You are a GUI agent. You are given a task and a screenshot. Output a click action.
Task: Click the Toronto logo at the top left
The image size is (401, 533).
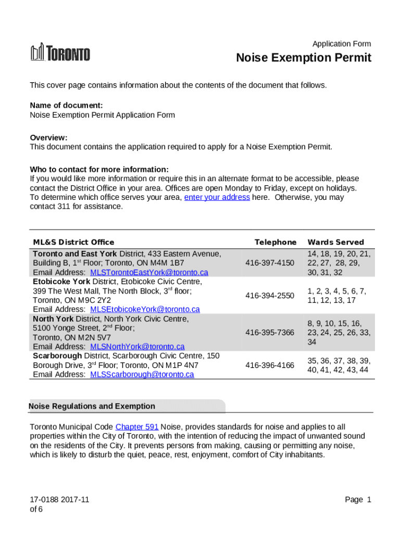click(60, 53)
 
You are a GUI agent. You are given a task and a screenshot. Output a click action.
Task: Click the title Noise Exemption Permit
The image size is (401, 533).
click(304, 58)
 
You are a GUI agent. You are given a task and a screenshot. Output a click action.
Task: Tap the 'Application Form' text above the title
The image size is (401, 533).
click(341, 44)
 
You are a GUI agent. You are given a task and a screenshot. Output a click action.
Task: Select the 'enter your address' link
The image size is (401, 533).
click(217, 197)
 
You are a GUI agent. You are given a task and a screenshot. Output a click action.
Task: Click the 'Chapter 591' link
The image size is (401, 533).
click(137, 427)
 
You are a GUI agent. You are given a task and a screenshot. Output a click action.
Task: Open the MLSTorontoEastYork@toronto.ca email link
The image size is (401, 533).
click(149, 272)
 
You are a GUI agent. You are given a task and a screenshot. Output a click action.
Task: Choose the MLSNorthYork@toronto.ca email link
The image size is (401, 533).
click(137, 346)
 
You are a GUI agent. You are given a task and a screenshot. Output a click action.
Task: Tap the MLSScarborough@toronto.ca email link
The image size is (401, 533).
click(142, 374)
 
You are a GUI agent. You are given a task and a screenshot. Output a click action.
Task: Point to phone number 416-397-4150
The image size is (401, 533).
click(270, 263)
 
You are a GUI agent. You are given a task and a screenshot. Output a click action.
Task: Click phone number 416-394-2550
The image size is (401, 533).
click(270, 296)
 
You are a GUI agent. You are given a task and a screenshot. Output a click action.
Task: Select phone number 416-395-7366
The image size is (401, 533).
click(270, 333)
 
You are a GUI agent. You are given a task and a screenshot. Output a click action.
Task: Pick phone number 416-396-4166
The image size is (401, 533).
click(270, 365)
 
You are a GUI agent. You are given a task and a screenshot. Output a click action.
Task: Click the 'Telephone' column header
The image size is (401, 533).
click(275, 242)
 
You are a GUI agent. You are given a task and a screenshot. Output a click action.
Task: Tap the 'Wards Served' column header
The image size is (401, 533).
click(336, 242)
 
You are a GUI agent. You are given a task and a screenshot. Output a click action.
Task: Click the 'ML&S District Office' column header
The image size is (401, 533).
click(73, 242)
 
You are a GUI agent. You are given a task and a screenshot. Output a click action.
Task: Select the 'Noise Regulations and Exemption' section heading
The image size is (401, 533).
click(92, 406)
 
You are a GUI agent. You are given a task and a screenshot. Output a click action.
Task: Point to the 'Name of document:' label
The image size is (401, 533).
click(62, 106)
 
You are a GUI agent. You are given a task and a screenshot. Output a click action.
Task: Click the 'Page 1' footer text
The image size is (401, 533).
click(358, 500)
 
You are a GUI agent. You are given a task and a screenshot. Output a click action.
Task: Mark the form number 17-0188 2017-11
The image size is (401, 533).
click(59, 500)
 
